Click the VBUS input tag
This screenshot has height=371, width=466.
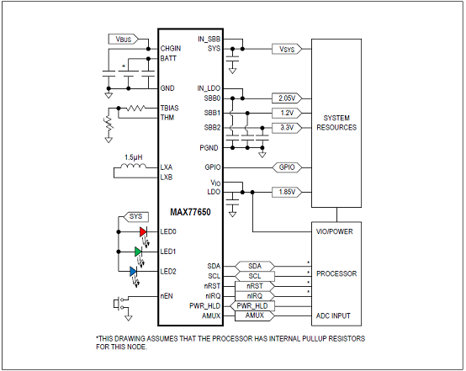click(x=124, y=39)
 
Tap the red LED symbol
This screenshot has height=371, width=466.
click(x=143, y=232)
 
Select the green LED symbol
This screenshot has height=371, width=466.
click(x=138, y=252)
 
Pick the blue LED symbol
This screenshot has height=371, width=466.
click(x=134, y=272)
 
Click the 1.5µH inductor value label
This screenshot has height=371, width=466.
click(x=134, y=157)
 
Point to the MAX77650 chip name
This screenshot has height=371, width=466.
click(x=190, y=212)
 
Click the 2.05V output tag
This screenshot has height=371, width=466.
click(x=287, y=98)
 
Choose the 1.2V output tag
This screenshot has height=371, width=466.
click(x=287, y=113)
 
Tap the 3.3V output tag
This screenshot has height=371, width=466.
click(x=287, y=128)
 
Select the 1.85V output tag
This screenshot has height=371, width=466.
click(x=287, y=192)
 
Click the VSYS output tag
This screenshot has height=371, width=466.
click(x=287, y=49)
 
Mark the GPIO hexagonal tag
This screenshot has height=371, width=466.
click(x=287, y=167)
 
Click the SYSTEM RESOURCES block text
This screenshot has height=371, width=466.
click(x=336, y=123)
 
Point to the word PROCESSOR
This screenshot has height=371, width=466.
click(x=336, y=273)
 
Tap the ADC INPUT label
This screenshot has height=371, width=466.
click(x=333, y=315)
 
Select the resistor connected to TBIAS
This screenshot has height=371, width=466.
click(x=135, y=108)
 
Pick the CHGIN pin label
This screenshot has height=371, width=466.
click(x=171, y=49)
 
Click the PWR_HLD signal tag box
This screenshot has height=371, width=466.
click(x=252, y=306)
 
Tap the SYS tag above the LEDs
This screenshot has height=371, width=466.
click(x=135, y=217)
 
